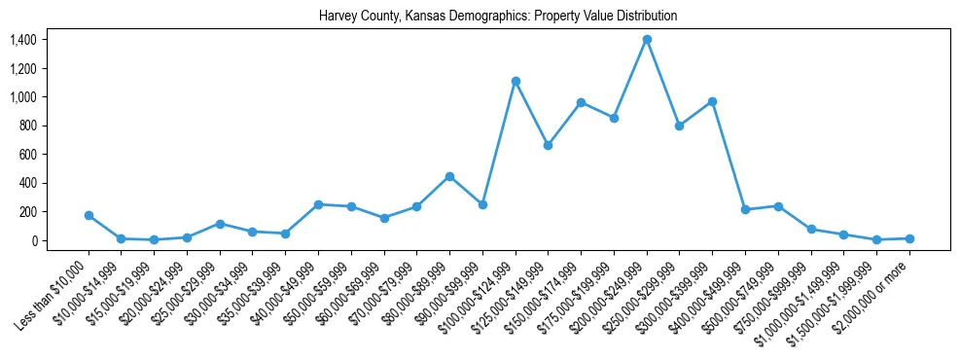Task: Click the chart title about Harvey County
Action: point(498,17)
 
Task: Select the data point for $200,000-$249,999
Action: point(647,40)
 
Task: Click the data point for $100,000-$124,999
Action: point(516,81)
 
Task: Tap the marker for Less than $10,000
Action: point(89,215)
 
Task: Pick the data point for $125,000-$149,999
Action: point(549,145)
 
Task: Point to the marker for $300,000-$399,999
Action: point(713,101)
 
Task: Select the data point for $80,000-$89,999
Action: point(449,176)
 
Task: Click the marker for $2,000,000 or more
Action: point(909,238)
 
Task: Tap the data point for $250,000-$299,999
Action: point(680,126)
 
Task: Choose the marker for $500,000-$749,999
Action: point(778,206)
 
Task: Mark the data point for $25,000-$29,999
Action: point(220,224)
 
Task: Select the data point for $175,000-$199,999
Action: point(614,118)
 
